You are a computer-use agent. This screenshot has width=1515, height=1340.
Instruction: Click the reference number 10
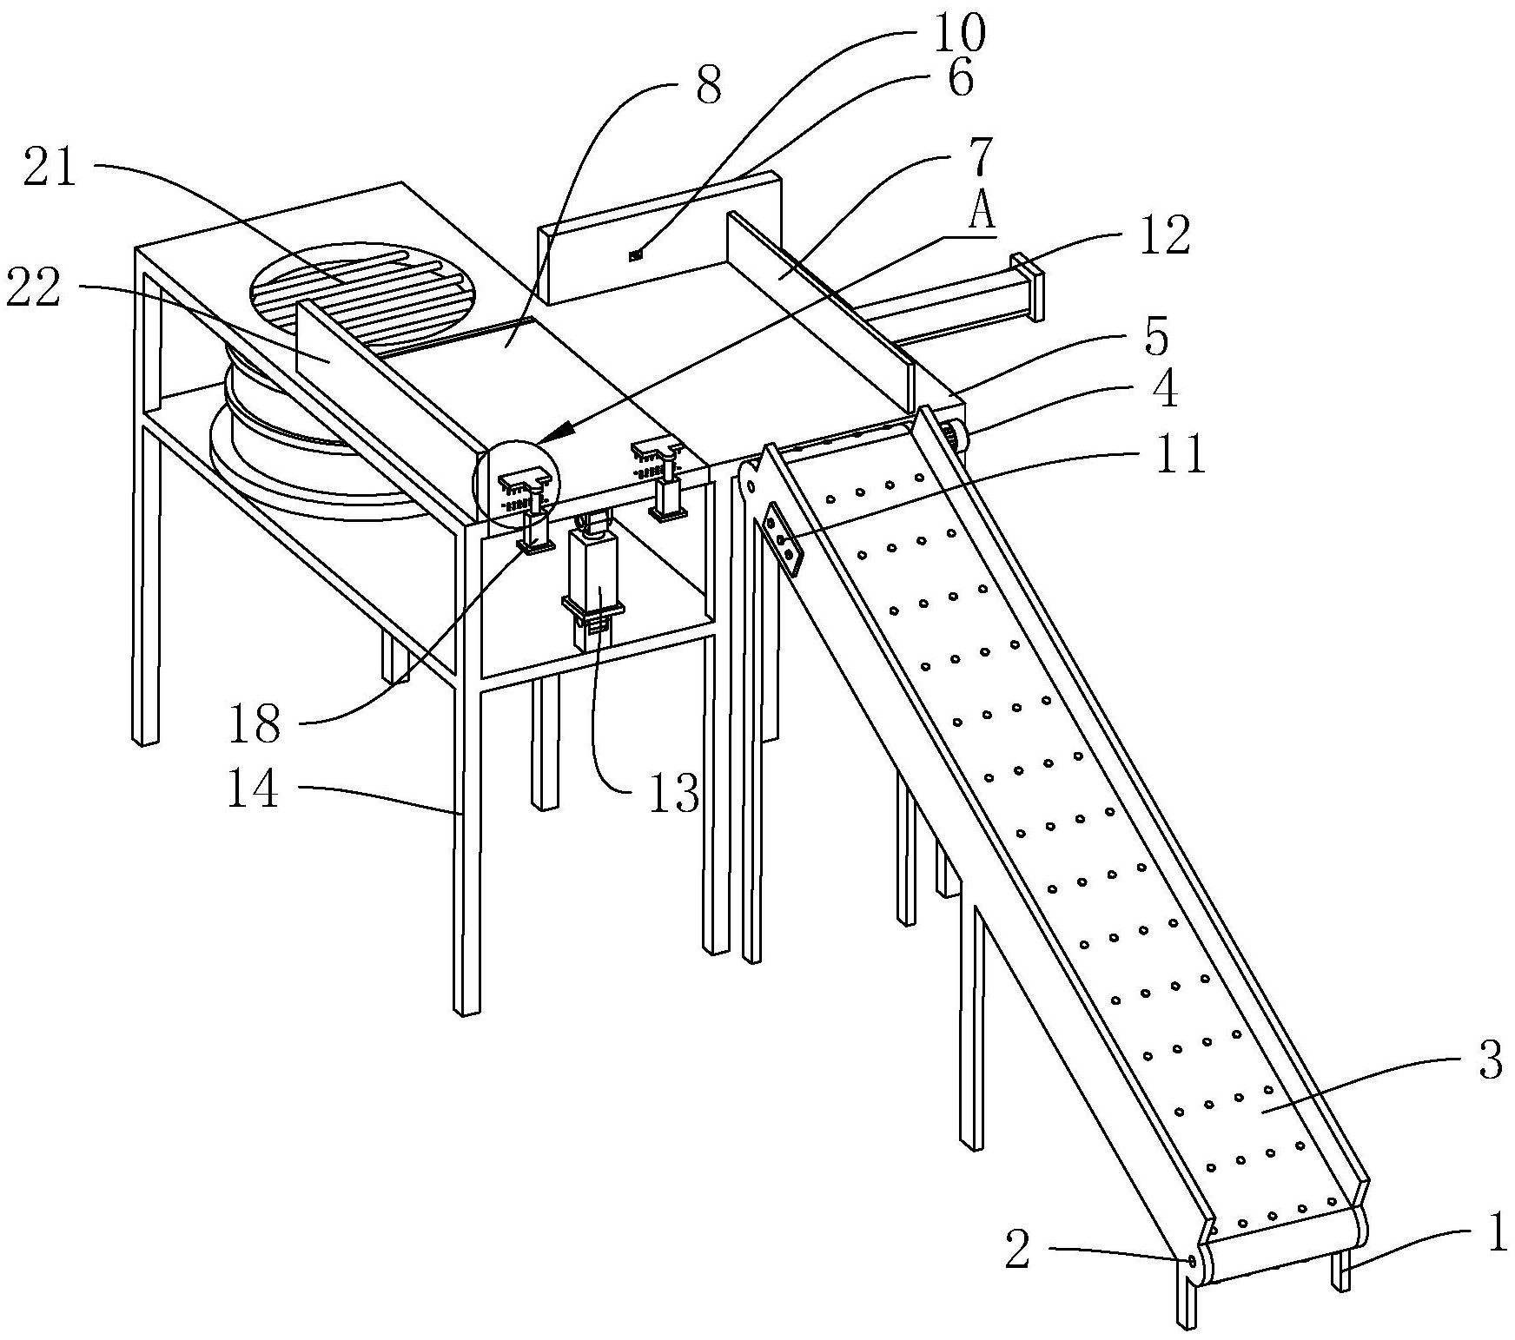click(960, 33)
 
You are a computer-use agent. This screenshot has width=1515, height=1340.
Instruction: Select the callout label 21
click(50, 168)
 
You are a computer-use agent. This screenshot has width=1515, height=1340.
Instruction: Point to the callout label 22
click(34, 288)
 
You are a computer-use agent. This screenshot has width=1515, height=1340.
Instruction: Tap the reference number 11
click(1181, 452)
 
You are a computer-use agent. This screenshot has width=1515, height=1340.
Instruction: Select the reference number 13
click(673, 792)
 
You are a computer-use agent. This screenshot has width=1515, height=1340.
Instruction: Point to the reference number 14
click(253, 790)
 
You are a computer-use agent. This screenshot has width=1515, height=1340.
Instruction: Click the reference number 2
click(1017, 1251)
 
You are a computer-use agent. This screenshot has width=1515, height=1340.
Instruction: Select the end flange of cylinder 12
click(1029, 287)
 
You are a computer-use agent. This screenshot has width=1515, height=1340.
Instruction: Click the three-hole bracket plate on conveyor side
click(784, 539)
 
